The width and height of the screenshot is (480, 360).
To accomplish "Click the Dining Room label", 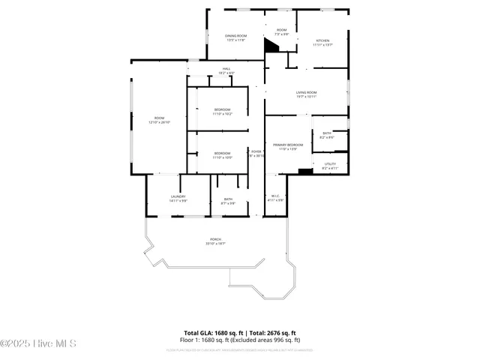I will [x=235, y=37].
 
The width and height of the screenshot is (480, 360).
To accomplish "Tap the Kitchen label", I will [x=322, y=43].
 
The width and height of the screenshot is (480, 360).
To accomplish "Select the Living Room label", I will [x=306, y=94].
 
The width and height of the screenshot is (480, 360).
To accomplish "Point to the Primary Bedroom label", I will [x=288, y=146].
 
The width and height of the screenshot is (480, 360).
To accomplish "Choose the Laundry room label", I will [x=178, y=199].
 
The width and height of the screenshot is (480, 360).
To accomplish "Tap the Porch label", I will [x=215, y=241].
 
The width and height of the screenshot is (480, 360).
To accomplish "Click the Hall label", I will [x=226, y=70].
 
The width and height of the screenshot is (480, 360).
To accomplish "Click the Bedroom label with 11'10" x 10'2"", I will [x=222, y=112].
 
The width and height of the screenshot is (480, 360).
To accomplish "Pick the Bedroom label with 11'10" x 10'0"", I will [x=222, y=155].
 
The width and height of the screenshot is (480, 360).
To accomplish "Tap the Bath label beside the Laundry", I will [x=228, y=201].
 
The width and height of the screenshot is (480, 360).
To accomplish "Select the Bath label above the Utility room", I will [x=327, y=135].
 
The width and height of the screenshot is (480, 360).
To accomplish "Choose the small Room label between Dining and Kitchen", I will [x=281, y=32].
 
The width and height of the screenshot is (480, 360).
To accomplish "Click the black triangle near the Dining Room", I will [x=271, y=45].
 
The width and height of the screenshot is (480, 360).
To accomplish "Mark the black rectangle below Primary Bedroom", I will [x=304, y=172].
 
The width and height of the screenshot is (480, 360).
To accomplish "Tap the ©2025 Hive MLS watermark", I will [x=38, y=343].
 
